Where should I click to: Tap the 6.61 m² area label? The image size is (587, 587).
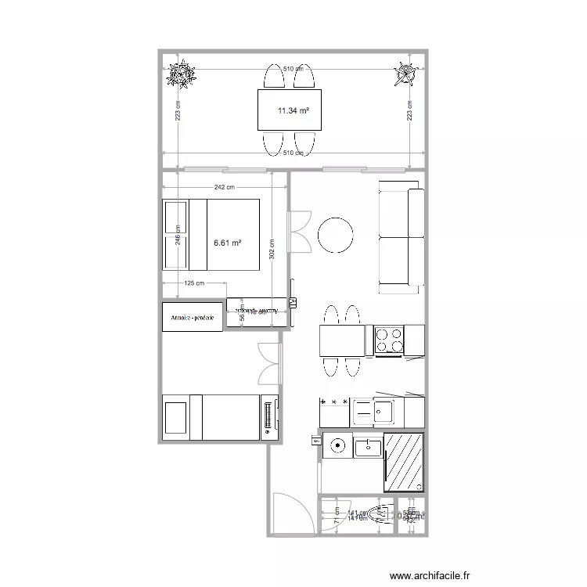coord(227,243)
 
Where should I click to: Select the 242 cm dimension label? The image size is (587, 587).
coord(225,188)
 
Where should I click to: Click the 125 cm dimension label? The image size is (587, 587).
coord(194,283)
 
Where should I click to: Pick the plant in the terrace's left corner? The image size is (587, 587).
coord(182,74)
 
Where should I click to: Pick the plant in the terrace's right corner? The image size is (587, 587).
coord(405,74)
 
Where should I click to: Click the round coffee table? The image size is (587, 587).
coord(335,234)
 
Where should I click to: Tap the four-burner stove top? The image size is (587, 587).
coord(389,340)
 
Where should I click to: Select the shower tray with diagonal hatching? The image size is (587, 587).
coord(403,463)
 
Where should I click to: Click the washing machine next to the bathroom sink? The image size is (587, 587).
coord(337,447)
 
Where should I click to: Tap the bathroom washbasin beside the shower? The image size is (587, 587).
coord(368,448)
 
